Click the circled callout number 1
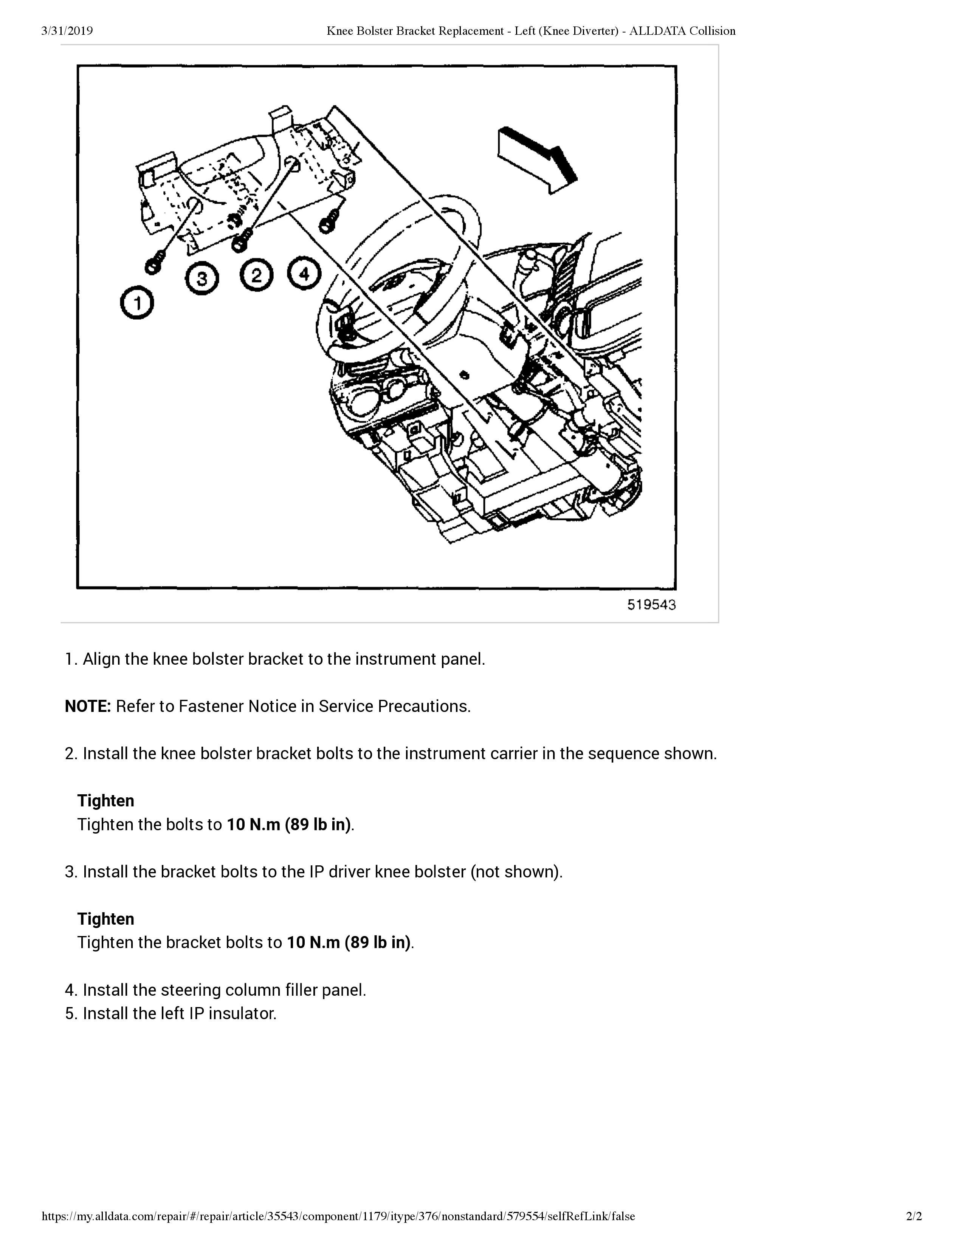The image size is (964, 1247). click(x=137, y=303)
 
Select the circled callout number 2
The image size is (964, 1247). click(x=256, y=276)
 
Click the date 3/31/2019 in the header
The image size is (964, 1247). click(x=67, y=31)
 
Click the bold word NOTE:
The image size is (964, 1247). click(x=87, y=706)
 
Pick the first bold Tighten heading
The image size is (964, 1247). click(x=105, y=800)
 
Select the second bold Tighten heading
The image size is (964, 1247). click(x=105, y=919)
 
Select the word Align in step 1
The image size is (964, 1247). click(x=102, y=659)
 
